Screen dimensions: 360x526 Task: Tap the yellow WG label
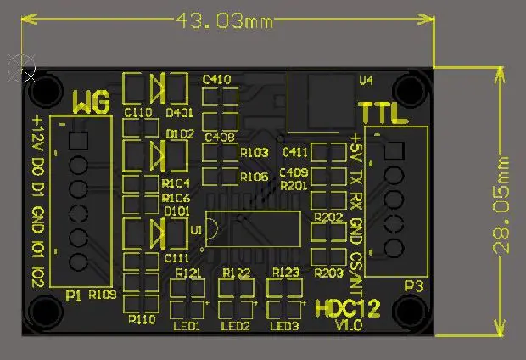[91, 104]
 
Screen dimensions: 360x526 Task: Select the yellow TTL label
[378, 113]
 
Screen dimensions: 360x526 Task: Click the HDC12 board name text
[347, 308]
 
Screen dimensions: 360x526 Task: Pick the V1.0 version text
[348, 326]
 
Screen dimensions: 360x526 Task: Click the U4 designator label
[366, 81]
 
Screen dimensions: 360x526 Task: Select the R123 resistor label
[286, 273]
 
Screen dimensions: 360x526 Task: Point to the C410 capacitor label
[217, 79]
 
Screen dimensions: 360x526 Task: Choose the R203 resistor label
[328, 273]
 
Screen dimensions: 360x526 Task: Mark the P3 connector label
[413, 286]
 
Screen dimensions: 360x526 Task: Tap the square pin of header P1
[77, 141]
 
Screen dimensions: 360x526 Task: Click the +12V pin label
[37, 135]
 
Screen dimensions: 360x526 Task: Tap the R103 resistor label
[254, 153]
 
